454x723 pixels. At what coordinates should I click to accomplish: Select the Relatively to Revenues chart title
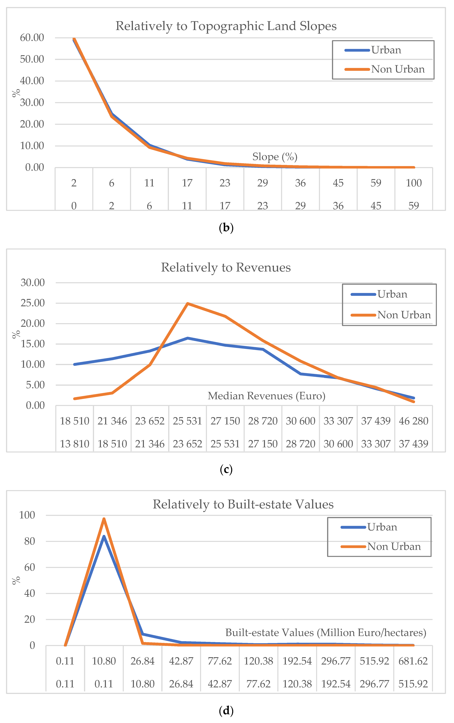(x=226, y=267)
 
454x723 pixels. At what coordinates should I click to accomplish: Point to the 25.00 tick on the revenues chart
(x=33, y=303)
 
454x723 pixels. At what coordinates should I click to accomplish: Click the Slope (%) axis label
(x=275, y=157)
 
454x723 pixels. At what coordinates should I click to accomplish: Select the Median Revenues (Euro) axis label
(x=266, y=396)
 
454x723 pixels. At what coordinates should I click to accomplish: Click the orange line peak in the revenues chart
(x=187, y=304)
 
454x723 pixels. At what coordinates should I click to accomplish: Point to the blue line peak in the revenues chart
(x=187, y=338)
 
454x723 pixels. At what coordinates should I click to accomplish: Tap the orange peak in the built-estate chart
(x=104, y=519)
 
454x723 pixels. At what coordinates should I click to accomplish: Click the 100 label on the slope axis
(x=414, y=183)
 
